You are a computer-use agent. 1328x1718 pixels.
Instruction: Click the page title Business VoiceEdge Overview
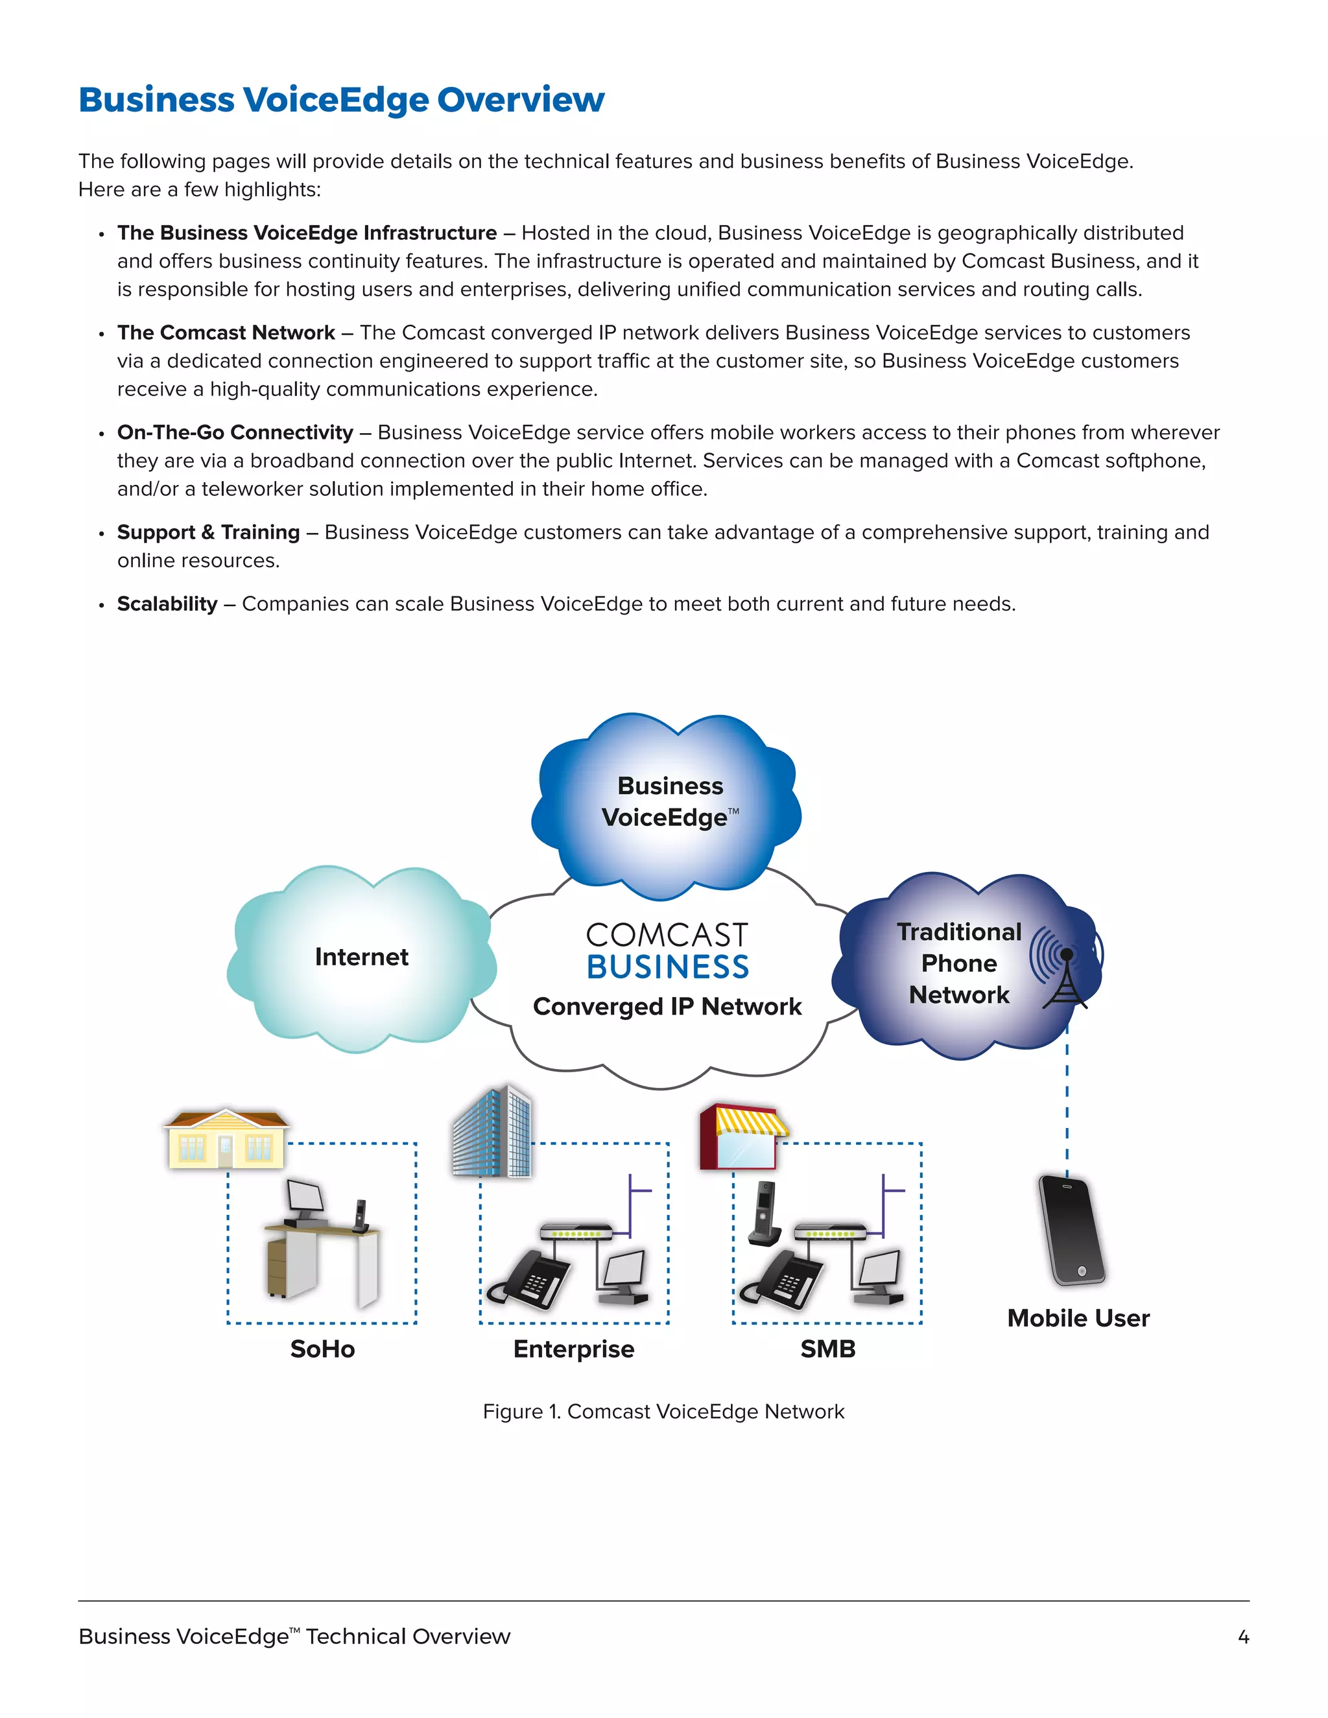pyautogui.click(x=342, y=100)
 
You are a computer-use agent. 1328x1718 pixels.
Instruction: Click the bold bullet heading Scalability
pyautogui.click(x=167, y=604)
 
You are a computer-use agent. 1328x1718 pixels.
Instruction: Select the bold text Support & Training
pyautogui.click(x=209, y=532)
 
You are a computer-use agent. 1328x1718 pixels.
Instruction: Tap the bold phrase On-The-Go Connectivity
pyautogui.click(x=235, y=432)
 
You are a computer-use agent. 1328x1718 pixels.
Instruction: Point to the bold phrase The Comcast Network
pyautogui.click(x=226, y=332)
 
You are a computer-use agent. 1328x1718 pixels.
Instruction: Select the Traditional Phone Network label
pyautogui.click(x=959, y=963)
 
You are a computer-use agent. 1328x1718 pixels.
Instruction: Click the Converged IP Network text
pyautogui.click(x=667, y=1006)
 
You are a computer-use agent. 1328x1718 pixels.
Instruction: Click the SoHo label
pyautogui.click(x=322, y=1349)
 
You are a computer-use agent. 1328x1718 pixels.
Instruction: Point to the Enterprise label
pyautogui.click(x=573, y=1349)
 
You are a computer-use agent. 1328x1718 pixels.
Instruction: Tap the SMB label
pyautogui.click(x=827, y=1349)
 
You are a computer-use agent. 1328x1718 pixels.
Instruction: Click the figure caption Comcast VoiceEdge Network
pyautogui.click(x=663, y=1411)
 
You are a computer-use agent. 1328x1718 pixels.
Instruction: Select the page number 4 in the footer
pyautogui.click(x=1243, y=1637)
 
